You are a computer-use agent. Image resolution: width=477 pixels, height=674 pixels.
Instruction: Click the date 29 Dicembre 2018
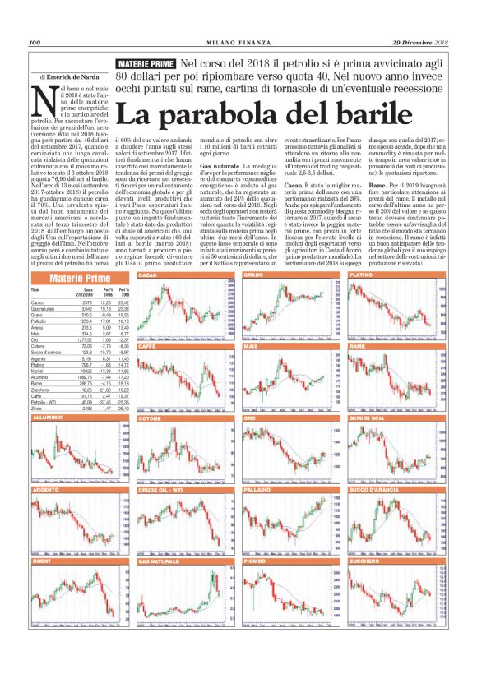[419, 42]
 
